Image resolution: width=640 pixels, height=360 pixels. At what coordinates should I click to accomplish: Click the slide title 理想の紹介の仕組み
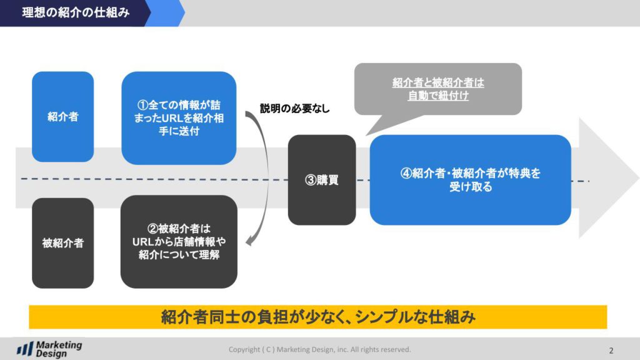coord(76,12)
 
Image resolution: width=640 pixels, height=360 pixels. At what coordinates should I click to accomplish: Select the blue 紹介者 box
coord(63,117)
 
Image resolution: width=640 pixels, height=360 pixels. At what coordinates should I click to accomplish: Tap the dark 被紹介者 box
coord(63,243)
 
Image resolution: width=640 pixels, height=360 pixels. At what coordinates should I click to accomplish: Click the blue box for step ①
coord(179,118)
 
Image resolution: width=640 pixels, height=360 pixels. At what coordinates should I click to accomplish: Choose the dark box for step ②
coord(179,242)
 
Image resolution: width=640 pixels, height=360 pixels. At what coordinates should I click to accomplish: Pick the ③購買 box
coord(322,180)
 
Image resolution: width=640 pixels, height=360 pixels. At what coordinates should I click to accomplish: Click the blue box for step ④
coord(470,180)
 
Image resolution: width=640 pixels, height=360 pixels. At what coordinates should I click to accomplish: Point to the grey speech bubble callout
coord(438,89)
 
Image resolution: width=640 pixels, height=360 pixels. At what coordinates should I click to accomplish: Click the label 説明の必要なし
coord(295,109)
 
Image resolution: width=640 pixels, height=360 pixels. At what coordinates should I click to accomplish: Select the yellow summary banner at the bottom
coord(318,317)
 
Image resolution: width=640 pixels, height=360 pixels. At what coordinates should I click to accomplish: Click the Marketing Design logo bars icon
coord(25,349)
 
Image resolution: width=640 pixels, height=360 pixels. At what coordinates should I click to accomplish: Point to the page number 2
coord(611,351)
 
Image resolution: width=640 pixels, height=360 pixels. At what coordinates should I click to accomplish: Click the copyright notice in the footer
coord(319,349)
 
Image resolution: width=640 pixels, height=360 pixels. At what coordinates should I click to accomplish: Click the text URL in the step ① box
coord(173,118)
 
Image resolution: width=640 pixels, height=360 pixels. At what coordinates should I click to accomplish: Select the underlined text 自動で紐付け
coord(438,96)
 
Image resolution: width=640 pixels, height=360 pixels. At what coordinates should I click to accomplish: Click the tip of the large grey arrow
coord(638,178)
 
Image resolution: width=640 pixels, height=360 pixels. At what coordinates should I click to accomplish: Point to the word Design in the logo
coord(51,354)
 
